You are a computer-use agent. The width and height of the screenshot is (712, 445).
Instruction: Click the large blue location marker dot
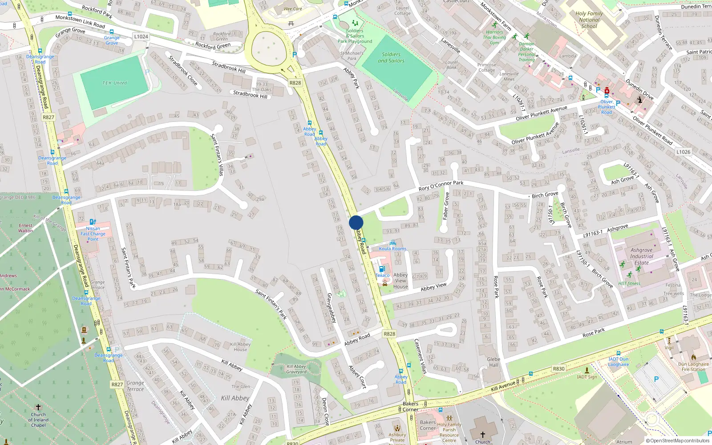pyautogui.click(x=356, y=222)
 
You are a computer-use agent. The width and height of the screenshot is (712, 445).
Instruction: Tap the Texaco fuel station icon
pyautogui.click(x=381, y=269)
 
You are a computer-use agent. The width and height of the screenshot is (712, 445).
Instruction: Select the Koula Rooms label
pyautogui.click(x=392, y=249)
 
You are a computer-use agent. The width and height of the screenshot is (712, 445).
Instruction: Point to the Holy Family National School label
pyautogui.click(x=589, y=20)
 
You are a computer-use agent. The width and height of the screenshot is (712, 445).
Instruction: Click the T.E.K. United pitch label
pyautogui.click(x=114, y=83)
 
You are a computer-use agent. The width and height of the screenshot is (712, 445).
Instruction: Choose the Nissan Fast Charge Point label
pyautogui.click(x=93, y=234)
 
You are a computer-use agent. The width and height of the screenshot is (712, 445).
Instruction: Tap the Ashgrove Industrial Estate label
pyautogui.click(x=642, y=256)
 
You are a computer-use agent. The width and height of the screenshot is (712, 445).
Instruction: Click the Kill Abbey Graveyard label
pyautogui.click(x=296, y=369)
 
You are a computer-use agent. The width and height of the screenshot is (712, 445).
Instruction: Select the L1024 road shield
pyautogui.click(x=141, y=36)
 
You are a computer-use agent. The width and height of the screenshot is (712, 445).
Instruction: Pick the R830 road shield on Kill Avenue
pyautogui.click(x=558, y=368)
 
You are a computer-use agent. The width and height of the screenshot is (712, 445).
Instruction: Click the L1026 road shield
pyautogui.click(x=683, y=152)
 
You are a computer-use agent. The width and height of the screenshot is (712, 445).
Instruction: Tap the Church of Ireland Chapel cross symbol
pyautogui.click(x=38, y=407)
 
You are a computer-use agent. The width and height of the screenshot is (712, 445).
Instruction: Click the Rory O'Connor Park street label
pyautogui.click(x=441, y=186)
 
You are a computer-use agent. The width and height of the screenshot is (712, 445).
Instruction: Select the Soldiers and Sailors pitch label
pyautogui.click(x=391, y=57)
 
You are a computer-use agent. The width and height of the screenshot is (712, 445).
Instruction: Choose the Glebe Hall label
pyautogui.click(x=494, y=362)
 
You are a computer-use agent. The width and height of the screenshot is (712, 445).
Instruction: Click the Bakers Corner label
pyautogui.click(x=410, y=407)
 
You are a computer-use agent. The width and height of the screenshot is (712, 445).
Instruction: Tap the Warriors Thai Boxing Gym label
pyautogui.click(x=494, y=37)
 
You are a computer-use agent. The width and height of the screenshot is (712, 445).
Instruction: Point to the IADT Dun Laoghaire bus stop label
pyautogui.click(x=619, y=362)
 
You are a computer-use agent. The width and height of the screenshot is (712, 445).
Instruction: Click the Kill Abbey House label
pyautogui.click(x=240, y=347)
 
